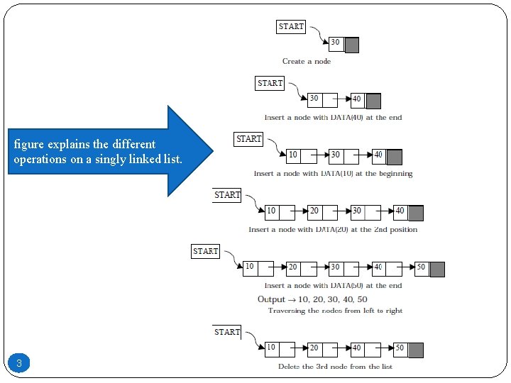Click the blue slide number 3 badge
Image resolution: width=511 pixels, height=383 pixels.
pos(19,364)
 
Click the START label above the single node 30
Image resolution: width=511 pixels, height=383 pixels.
pos(291,27)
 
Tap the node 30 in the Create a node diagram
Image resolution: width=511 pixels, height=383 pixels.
pos(336,45)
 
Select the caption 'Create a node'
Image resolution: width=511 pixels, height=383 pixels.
pos(307,62)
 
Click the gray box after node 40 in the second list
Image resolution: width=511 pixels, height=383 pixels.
pos(373,101)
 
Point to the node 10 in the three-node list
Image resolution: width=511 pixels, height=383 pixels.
pos(294,156)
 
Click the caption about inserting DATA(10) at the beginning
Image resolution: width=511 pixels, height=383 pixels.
pos(333,173)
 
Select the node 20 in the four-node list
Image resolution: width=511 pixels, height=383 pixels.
pos(314,212)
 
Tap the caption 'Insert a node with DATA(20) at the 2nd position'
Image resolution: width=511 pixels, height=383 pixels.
pos(333,230)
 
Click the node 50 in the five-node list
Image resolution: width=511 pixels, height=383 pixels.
pos(422,269)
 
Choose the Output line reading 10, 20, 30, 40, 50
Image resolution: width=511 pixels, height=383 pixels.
pos(312,299)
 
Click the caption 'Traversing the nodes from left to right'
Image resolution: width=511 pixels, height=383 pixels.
pos(335,311)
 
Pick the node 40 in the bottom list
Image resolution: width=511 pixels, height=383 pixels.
pos(357,350)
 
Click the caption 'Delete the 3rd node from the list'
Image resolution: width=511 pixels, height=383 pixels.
pos(335,367)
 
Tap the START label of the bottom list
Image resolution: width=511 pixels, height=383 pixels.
pos(227,332)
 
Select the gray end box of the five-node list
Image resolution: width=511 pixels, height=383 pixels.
pos(437,269)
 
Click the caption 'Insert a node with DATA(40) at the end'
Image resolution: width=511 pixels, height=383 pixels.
pos(333,117)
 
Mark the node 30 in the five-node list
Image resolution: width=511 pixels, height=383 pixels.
pos(336,269)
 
